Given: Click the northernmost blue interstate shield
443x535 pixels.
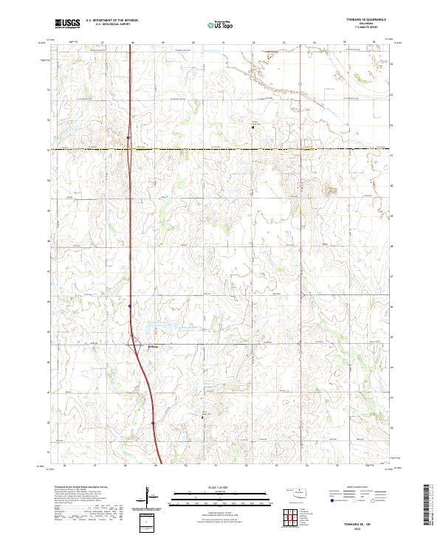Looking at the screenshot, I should (x=128, y=137).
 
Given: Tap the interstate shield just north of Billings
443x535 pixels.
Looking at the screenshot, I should (x=129, y=306).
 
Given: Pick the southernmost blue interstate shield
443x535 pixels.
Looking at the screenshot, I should (x=152, y=423).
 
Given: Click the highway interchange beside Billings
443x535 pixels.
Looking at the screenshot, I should (x=135, y=341).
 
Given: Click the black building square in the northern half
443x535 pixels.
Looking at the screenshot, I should (x=253, y=127).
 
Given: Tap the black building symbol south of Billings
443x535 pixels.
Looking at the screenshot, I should (x=207, y=417).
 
